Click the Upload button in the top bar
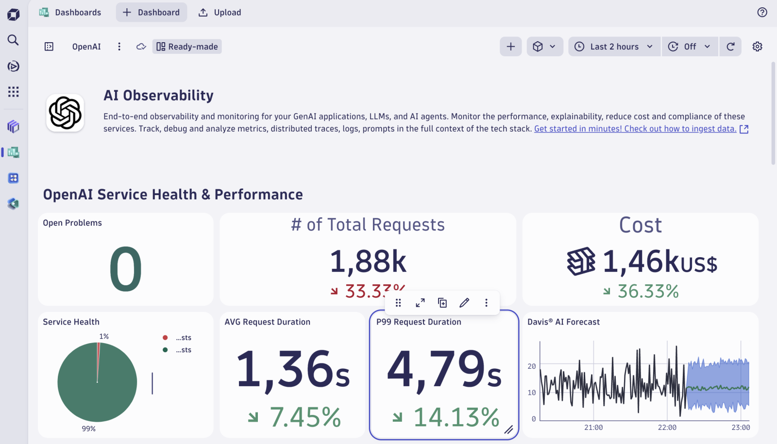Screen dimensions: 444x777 (x=220, y=13)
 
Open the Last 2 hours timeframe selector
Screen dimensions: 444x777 (x=614, y=47)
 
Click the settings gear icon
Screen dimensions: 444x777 (x=757, y=47)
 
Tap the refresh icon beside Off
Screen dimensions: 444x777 (x=730, y=47)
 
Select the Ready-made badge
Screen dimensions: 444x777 (x=187, y=47)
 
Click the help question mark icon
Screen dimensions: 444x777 (x=762, y=13)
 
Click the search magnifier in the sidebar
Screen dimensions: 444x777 (x=13, y=40)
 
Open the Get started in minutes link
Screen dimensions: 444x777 (x=635, y=129)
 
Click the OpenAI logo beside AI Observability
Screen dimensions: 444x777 (x=65, y=113)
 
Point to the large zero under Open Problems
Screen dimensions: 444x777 (x=126, y=269)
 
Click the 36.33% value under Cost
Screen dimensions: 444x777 (x=648, y=291)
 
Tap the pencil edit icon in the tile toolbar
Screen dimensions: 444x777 (x=464, y=303)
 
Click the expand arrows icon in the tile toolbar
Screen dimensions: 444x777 (x=421, y=303)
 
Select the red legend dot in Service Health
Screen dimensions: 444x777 (x=165, y=338)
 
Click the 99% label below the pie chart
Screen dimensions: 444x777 (x=89, y=429)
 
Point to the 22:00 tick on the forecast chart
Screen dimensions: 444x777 (x=667, y=428)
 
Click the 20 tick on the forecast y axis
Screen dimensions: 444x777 (x=532, y=366)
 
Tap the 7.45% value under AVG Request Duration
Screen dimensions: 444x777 (x=305, y=417)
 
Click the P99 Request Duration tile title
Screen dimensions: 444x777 (x=419, y=322)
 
